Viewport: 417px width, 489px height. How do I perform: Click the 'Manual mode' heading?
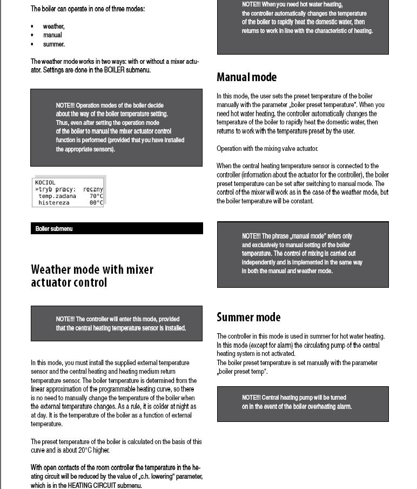tap(246, 77)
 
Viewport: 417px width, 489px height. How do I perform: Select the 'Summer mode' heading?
tap(248, 318)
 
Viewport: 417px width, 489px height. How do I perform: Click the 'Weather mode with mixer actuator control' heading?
tap(92, 276)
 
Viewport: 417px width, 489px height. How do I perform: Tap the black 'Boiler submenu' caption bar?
tap(117, 229)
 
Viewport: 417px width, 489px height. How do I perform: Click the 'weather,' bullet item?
tap(53, 27)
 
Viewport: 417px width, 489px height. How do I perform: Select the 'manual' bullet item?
tap(52, 35)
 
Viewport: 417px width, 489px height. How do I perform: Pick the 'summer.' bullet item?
tap(53, 44)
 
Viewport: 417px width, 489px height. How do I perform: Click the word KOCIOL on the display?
tap(45, 183)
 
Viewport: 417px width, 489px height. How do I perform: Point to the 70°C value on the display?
tap(96, 196)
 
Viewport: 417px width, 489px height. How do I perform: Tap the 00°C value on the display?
tap(96, 203)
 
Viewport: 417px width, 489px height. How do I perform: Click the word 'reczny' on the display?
tap(93, 190)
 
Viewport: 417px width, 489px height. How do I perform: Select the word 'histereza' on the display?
tap(54, 203)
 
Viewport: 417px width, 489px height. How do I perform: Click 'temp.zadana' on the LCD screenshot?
tap(57, 196)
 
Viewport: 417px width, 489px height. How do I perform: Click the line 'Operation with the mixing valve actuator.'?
tap(267, 149)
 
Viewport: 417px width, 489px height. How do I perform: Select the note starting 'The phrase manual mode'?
tap(302, 254)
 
